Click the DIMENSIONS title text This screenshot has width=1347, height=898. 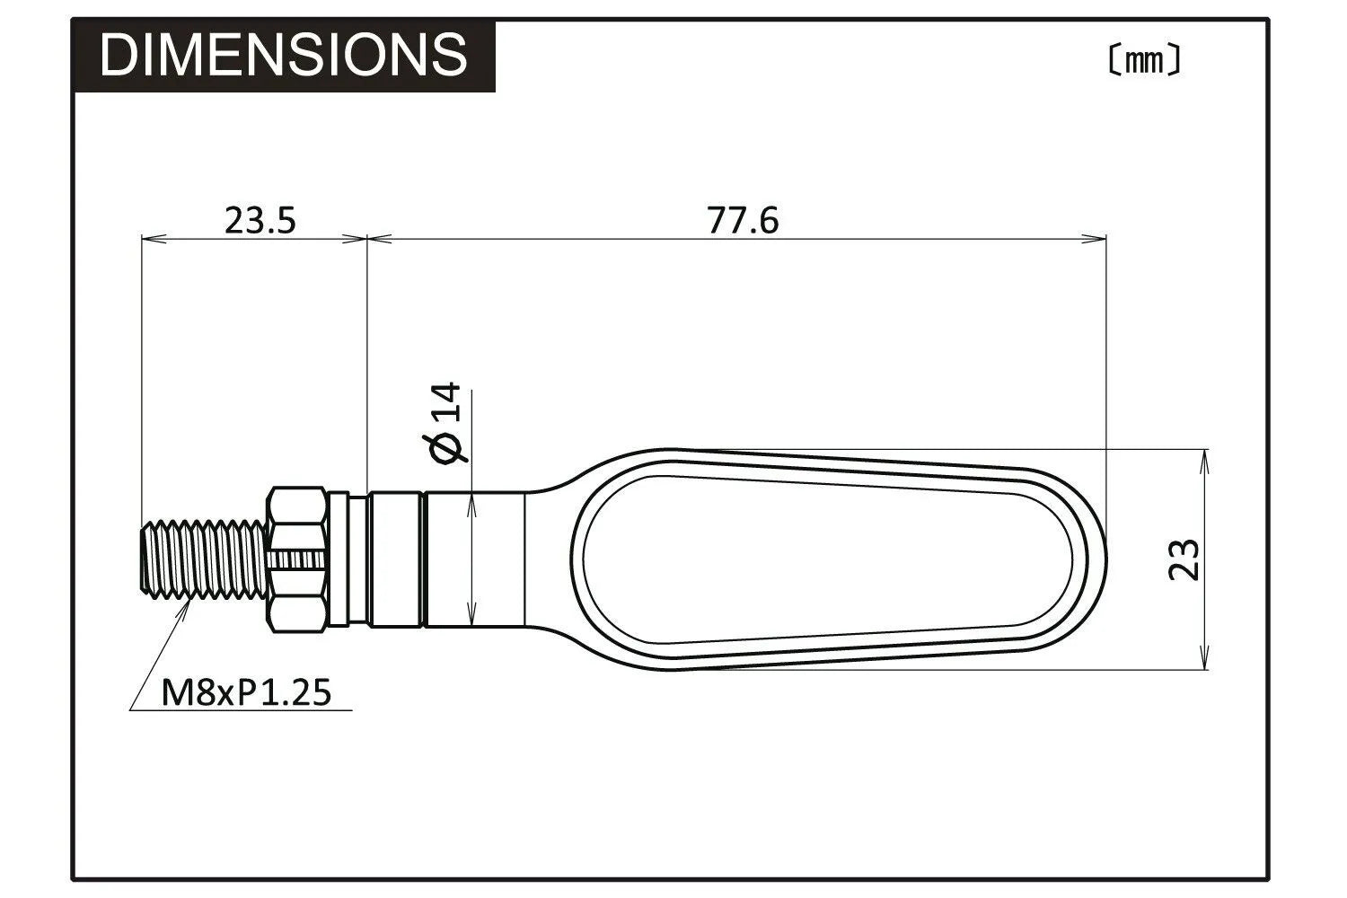284,55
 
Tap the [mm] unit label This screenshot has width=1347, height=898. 1143,60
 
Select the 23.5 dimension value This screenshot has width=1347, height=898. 260,220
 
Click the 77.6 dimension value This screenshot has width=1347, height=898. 743,220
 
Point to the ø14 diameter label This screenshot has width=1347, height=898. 446,423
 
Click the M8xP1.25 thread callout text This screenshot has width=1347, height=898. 246,692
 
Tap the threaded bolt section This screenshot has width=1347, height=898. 203,559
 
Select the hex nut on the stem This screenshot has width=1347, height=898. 295,559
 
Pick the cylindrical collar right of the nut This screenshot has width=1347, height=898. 395,559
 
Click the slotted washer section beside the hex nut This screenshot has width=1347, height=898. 339,559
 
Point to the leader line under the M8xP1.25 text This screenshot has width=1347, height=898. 242,710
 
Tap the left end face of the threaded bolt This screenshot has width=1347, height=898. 142,559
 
